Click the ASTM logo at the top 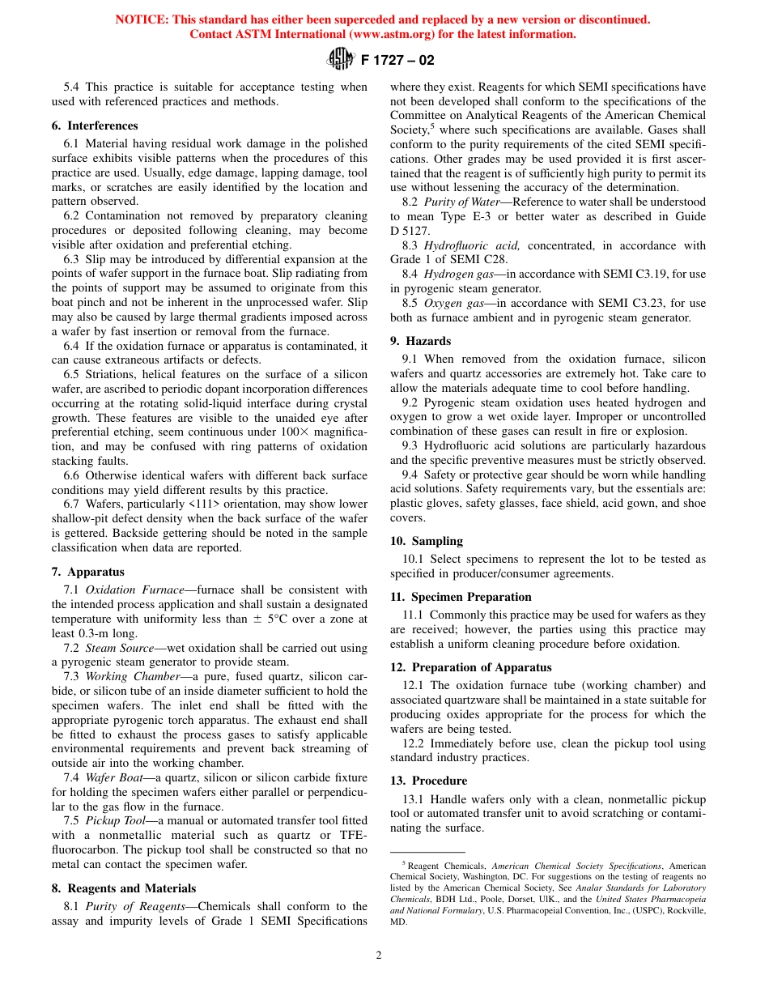coord(339,58)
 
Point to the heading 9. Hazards coord(420,341)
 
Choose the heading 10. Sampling coord(427,541)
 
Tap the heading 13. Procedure coord(428,781)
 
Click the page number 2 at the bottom coord(378,955)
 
